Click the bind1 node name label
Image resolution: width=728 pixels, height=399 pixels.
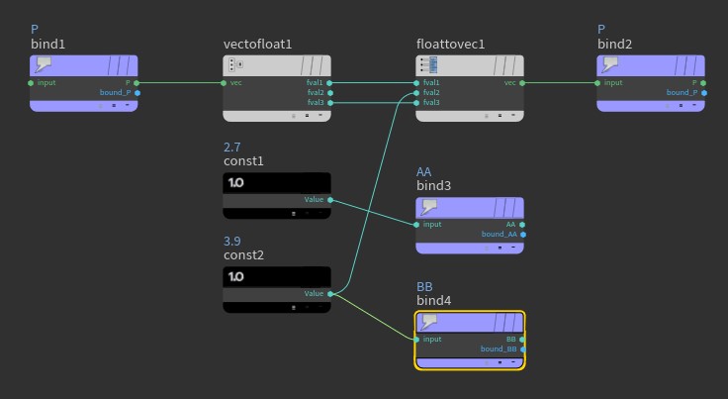(x=46, y=45)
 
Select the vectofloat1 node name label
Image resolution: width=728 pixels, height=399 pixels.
(x=258, y=45)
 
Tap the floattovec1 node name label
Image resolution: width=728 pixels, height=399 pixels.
(x=451, y=45)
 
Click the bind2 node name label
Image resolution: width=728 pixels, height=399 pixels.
(x=614, y=45)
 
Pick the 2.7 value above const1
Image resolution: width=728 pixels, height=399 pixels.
(x=232, y=147)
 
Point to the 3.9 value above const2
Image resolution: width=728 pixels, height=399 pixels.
(x=232, y=241)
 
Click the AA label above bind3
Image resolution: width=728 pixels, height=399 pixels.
(x=424, y=171)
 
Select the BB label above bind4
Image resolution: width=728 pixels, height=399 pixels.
(x=424, y=286)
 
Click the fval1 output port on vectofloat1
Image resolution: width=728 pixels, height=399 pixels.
(x=329, y=83)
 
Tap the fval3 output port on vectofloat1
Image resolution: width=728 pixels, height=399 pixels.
(x=329, y=102)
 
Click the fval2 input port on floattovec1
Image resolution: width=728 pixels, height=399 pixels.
(x=417, y=93)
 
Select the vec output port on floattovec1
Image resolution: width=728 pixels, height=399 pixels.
(x=522, y=83)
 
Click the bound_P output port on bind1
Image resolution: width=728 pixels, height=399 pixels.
(x=136, y=93)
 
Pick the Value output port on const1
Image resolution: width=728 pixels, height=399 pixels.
(x=329, y=199)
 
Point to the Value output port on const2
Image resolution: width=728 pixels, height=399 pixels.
(x=329, y=293)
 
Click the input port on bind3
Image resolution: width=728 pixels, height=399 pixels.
(x=417, y=225)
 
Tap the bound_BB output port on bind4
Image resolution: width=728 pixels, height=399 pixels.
(x=522, y=349)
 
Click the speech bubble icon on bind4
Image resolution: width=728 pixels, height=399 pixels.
(x=430, y=321)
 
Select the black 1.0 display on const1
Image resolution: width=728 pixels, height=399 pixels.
(x=277, y=183)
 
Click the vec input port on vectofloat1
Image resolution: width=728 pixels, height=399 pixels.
(x=225, y=83)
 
